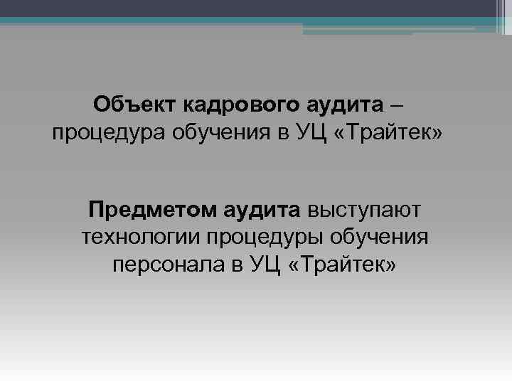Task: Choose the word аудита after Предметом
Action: point(262,210)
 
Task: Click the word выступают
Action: point(364,210)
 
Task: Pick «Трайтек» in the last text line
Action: point(348,265)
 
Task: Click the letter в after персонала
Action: point(237,265)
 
